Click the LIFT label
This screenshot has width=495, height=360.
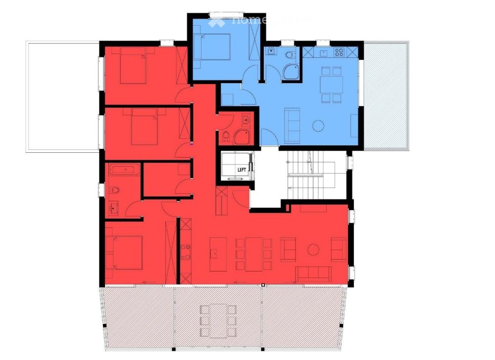point(242,170)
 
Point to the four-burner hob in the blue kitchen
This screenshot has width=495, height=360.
point(340,51)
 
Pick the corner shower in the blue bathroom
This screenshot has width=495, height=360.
point(292,72)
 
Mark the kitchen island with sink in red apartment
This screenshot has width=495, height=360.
point(218,254)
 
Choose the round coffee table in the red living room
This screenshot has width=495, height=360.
point(313,250)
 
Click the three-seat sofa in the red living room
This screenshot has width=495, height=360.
point(313,272)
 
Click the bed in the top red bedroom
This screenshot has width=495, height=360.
point(131,67)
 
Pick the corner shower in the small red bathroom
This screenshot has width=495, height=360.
point(243,136)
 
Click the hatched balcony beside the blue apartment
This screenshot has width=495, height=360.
point(385,94)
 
